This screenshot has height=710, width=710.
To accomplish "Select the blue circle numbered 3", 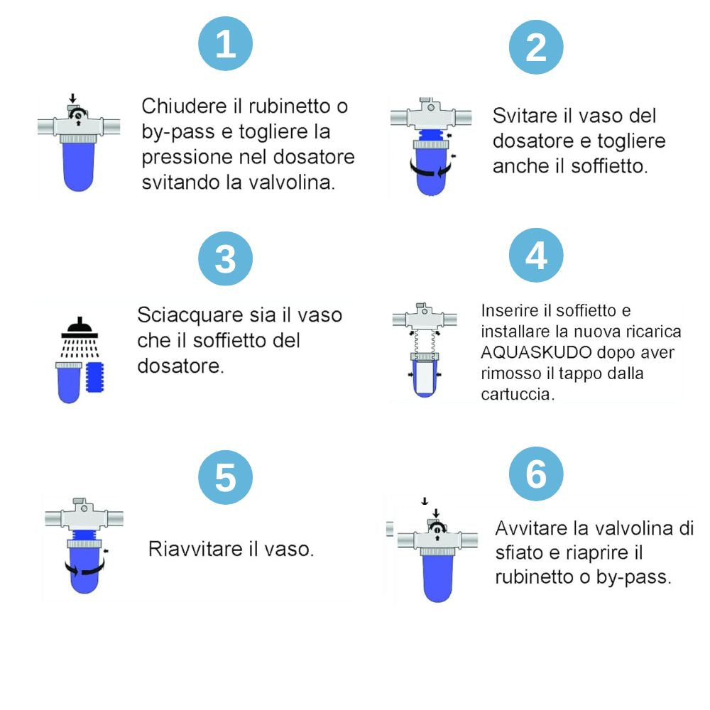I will (225, 258).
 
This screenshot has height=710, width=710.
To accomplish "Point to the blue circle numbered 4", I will (537, 256).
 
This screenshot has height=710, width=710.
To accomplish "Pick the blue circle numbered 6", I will (537, 474).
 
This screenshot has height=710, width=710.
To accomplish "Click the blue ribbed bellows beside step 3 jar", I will (97, 380).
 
